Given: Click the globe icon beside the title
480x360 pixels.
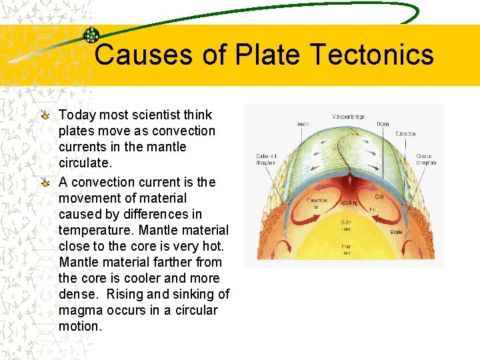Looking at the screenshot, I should point(91,35).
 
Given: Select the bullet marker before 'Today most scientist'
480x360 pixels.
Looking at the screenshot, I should point(45,115).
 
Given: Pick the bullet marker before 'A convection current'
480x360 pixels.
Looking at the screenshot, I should point(45,182).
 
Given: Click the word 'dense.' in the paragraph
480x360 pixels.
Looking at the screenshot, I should point(79,294).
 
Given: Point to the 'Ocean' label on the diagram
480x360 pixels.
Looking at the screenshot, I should point(383,125).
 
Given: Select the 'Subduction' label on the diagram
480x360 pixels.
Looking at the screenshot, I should point(405,134).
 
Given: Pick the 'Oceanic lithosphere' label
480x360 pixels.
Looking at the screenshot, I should point(425,160).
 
